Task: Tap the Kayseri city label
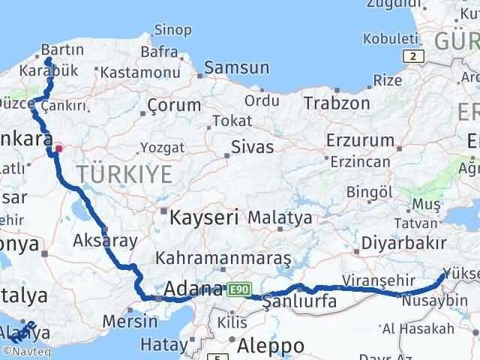click(x=204, y=218)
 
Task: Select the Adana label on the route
click(x=193, y=289)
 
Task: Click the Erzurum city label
click(x=360, y=140)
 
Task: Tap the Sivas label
click(x=252, y=146)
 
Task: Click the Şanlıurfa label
click(x=298, y=302)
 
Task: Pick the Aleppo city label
click(x=271, y=346)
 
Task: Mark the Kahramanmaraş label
click(x=223, y=258)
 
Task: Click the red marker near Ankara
click(x=58, y=148)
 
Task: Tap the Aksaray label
click(x=106, y=241)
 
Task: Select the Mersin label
click(x=132, y=322)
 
